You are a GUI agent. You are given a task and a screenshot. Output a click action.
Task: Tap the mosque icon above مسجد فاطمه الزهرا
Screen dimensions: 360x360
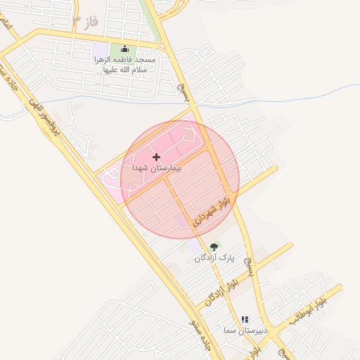125,49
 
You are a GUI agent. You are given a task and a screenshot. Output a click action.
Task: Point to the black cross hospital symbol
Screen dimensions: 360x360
156,157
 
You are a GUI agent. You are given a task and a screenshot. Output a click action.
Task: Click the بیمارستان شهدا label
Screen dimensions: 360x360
156,169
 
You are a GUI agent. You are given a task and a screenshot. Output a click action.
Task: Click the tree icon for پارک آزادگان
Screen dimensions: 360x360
214,247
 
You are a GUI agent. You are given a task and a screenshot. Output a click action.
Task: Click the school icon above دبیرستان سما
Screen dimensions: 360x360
245,319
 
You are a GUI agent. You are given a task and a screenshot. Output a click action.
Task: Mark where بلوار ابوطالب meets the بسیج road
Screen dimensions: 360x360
272,330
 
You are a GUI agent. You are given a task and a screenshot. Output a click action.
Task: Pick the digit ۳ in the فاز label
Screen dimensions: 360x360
77,21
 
